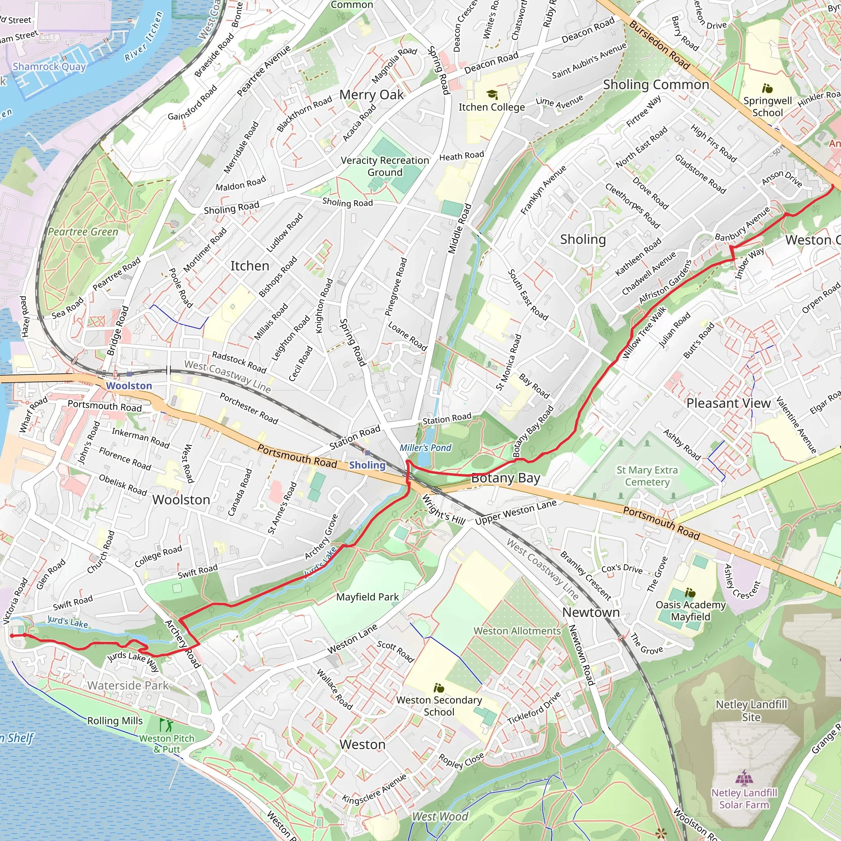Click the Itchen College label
point(492,107)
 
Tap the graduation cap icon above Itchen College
point(492,94)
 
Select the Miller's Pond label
point(425,448)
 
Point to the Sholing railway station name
point(367,465)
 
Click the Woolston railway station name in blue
point(129,386)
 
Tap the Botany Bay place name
point(506,478)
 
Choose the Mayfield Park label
point(368,597)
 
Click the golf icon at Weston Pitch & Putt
point(166,725)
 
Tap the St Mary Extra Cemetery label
point(647,476)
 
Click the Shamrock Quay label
point(49,67)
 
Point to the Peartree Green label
point(83,232)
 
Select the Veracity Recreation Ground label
point(385,166)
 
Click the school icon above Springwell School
point(767,89)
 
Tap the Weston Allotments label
point(517,631)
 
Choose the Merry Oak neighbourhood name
point(371,94)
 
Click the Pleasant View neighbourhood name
point(728,403)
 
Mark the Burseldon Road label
point(659,45)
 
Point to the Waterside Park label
point(128,686)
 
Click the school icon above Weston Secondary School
point(439,688)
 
